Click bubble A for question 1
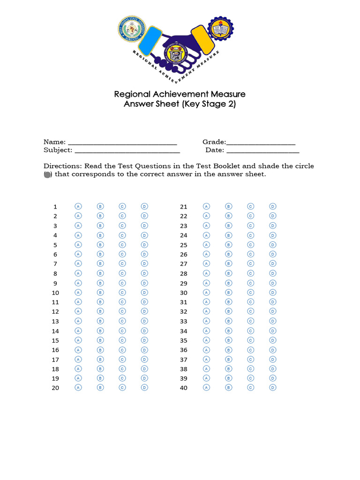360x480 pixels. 78,206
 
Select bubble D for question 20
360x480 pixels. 144,388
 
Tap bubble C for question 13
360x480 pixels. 122,321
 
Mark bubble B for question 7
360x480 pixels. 100,263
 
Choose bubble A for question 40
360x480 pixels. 206,388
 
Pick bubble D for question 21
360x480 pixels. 273,206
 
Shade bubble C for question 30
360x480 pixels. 251,292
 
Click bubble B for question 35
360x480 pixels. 229,340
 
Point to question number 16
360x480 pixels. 55,350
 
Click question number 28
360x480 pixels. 184,273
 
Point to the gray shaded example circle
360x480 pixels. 47,174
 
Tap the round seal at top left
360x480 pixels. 131,30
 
